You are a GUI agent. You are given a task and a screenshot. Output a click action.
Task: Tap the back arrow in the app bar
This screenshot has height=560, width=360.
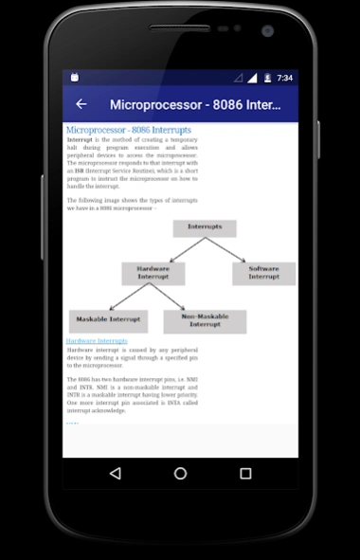(x=81, y=104)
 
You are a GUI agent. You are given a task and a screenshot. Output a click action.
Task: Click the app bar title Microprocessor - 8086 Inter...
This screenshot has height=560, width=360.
(x=195, y=104)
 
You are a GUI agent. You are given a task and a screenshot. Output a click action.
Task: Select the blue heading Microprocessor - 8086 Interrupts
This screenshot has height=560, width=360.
(x=129, y=130)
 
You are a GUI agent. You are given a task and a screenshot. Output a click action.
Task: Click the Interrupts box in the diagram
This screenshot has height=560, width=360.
(x=205, y=227)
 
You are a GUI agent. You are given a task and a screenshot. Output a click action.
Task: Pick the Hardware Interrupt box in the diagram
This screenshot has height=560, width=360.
(x=153, y=273)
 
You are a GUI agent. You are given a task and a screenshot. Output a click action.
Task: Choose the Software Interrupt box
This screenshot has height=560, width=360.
(x=263, y=273)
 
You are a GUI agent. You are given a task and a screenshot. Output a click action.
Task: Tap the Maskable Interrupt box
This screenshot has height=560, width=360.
(x=108, y=321)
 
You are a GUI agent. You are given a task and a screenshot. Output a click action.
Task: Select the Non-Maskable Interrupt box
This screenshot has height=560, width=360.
(x=205, y=321)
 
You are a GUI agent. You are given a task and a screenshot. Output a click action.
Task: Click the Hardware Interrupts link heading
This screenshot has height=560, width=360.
(x=97, y=341)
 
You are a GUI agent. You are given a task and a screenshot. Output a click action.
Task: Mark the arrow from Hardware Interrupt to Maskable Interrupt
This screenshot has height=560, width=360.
(x=129, y=298)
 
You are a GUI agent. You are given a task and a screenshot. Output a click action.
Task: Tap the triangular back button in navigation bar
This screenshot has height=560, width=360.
(x=116, y=472)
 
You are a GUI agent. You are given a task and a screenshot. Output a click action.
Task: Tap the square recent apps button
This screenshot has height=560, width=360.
(x=245, y=472)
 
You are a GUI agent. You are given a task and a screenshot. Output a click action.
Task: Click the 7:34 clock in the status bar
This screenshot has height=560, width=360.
(x=284, y=78)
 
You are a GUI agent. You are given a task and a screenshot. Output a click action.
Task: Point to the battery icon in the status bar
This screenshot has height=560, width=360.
(x=267, y=78)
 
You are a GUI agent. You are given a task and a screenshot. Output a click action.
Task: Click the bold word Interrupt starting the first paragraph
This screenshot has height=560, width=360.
(x=80, y=139)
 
